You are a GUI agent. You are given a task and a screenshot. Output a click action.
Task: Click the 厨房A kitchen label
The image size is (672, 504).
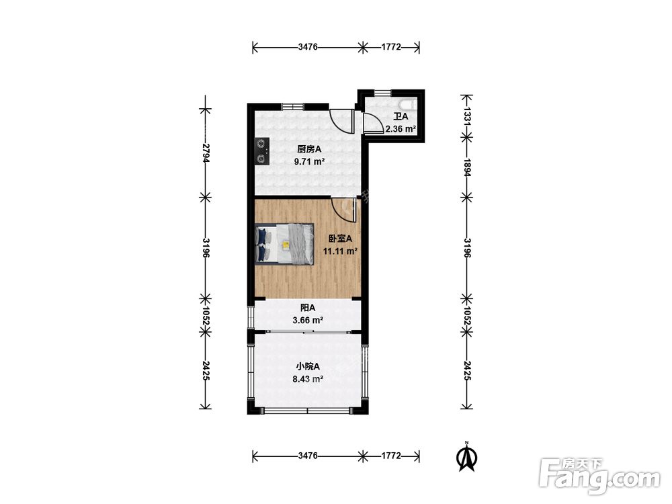point(309,150)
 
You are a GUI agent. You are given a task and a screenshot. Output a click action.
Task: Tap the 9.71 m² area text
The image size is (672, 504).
point(309,161)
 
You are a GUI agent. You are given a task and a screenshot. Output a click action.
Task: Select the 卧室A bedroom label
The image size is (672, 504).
point(340,239)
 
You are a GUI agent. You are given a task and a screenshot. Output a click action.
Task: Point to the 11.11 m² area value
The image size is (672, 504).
point(340,251)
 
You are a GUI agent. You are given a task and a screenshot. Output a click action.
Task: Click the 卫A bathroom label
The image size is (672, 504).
point(401,116)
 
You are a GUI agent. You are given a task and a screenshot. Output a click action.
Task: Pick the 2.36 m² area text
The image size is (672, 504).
point(401,128)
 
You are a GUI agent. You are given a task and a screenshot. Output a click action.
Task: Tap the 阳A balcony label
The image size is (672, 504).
point(308,308)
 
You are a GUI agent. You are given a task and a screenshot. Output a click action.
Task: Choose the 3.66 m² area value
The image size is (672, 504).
point(308,320)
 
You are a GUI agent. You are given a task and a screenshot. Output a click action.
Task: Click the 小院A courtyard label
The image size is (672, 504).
point(308,367)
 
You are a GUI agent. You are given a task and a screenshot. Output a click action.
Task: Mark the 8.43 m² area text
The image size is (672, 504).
point(308,379)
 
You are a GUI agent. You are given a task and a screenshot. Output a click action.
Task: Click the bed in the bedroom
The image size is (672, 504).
point(284,243)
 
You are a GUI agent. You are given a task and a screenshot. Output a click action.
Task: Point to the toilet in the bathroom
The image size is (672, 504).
point(407,105)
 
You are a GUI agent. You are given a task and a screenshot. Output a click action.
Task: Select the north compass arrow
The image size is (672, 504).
point(467,457)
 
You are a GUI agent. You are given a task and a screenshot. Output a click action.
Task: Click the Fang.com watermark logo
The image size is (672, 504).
point(600,476)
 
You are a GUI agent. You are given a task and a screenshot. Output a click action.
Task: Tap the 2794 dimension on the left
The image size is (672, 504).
point(206,153)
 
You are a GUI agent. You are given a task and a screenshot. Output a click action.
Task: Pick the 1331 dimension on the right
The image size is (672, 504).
point(467,116)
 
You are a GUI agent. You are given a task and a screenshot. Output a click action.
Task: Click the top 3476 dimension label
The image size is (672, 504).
point(308,47)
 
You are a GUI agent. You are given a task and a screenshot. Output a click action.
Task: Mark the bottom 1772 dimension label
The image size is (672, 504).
point(391,456)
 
